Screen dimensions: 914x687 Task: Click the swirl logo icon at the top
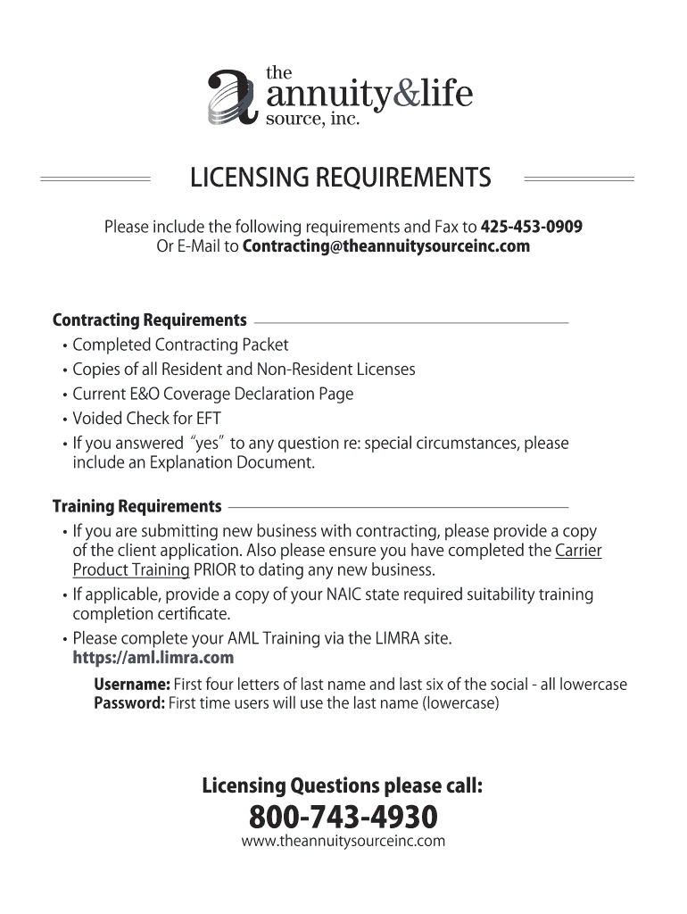pyautogui.click(x=233, y=97)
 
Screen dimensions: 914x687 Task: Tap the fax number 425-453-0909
pyautogui.click(x=532, y=227)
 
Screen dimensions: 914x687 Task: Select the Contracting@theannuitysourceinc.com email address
pyautogui.click(x=385, y=246)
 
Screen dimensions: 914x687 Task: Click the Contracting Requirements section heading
pyautogui.click(x=150, y=320)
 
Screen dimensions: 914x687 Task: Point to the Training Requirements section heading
pyautogui.click(x=137, y=507)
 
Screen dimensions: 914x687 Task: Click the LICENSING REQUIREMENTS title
pyautogui.click(x=340, y=179)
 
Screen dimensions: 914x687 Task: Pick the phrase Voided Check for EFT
pyautogui.click(x=146, y=419)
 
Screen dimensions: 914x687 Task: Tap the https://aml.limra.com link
pyautogui.click(x=153, y=659)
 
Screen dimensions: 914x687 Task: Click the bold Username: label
pyautogui.click(x=132, y=685)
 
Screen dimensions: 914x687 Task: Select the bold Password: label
pyautogui.click(x=129, y=703)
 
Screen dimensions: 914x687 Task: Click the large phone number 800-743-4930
pyautogui.click(x=343, y=816)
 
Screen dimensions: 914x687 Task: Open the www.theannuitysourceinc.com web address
pyautogui.click(x=343, y=841)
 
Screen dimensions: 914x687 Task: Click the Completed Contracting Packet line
pyautogui.click(x=180, y=345)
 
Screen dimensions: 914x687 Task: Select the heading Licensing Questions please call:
pyautogui.click(x=343, y=786)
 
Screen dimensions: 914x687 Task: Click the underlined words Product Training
pyautogui.click(x=130, y=569)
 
